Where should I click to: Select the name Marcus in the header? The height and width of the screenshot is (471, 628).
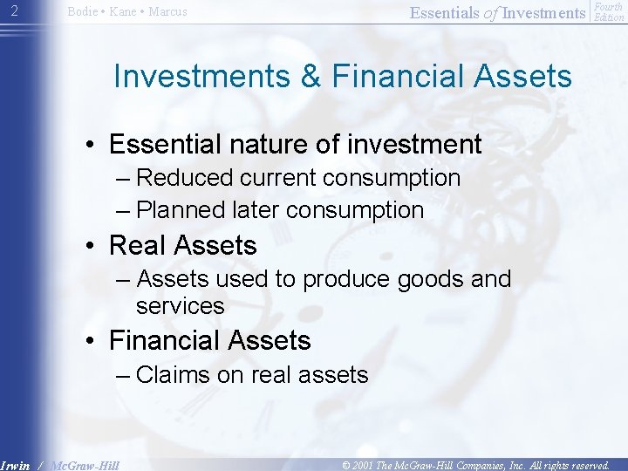point(166,12)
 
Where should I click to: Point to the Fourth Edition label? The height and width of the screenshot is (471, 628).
point(608,11)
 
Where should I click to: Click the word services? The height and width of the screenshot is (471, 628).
point(181,306)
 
